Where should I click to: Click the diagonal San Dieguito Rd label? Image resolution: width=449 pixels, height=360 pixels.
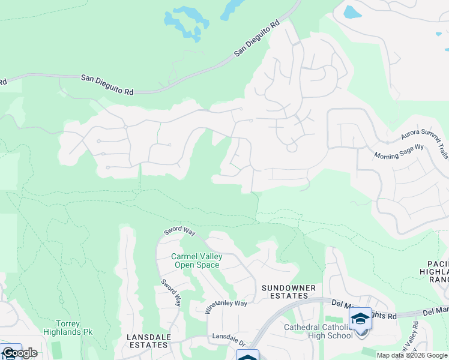click(x=258, y=39)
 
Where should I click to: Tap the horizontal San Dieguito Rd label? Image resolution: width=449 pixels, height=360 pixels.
click(x=107, y=85)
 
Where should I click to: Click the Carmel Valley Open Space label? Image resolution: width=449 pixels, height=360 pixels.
click(x=197, y=260)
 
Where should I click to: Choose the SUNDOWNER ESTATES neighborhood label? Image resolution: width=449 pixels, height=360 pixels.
click(x=289, y=292)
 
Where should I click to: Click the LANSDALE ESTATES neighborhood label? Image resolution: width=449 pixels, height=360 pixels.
click(x=148, y=341)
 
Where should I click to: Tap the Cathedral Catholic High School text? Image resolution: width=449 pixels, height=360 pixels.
click(x=318, y=331)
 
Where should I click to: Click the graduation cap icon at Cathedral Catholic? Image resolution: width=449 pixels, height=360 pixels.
click(x=360, y=319)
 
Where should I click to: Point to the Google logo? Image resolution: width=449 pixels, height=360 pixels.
click(x=19, y=353)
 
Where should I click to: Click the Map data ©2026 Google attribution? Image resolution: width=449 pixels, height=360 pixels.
click(x=412, y=355)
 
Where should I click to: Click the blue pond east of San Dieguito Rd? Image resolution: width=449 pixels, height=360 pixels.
click(x=350, y=11)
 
